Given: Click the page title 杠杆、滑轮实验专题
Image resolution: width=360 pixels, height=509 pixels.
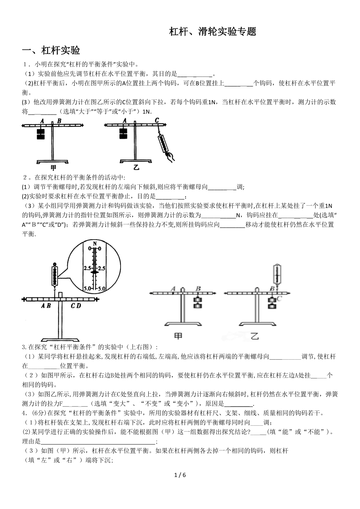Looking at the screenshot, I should coord(212,32).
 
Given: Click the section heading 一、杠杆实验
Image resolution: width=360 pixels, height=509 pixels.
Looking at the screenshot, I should coord(51,50).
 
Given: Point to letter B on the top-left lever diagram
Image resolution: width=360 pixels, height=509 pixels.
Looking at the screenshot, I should coord(59,121).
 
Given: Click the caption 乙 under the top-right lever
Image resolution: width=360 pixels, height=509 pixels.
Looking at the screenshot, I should coord(136,168).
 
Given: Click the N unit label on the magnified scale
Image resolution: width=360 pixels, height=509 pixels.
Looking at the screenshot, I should coord(94,244).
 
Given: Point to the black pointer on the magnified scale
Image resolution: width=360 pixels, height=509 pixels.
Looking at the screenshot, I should coord(94,271).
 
